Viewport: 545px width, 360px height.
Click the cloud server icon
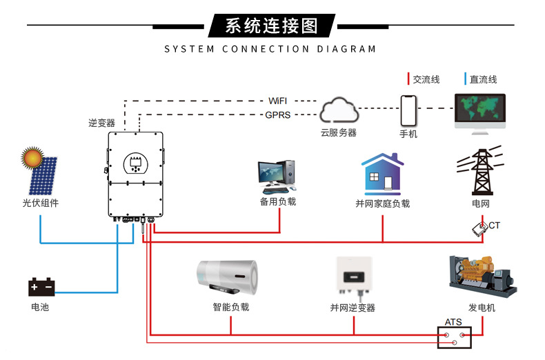[338, 110]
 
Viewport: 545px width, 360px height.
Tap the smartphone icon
[409, 110]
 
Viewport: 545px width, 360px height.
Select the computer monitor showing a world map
[480, 111]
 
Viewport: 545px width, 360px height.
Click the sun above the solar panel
[32, 158]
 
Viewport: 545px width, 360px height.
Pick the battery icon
[41, 286]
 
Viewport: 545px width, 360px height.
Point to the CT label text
[494, 226]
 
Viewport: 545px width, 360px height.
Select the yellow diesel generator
[482, 277]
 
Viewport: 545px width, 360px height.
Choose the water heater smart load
[227, 279]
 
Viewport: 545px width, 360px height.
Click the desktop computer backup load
[277, 177]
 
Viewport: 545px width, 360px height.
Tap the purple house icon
[383, 175]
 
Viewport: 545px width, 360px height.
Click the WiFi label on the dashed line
[278, 101]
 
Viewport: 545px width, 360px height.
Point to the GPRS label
[278, 115]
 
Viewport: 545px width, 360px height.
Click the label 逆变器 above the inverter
[101, 123]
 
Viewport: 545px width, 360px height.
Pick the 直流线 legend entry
[482, 80]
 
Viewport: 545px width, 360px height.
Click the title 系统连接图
[272, 26]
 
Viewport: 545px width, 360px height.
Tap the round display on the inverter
[135, 163]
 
